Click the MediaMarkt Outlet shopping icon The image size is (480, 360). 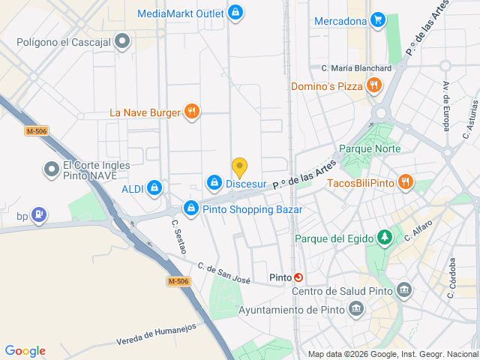(236, 13)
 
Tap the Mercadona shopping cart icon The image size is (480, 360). (379, 20)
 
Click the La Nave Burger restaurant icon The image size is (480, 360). (193, 112)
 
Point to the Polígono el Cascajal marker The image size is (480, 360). (123, 43)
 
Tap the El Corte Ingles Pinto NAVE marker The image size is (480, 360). (51, 170)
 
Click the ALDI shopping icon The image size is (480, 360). (154, 187)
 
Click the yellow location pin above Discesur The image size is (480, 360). (239, 166)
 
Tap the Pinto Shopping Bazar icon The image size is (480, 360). (191, 209)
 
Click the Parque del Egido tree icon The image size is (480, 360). (384, 238)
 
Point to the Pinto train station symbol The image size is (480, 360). (298, 277)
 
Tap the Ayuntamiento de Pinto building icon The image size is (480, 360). (356, 309)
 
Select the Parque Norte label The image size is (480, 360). (370, 148)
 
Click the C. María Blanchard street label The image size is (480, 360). (356, 68)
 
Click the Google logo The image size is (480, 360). (25, 350)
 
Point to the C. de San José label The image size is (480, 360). (223, 273)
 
